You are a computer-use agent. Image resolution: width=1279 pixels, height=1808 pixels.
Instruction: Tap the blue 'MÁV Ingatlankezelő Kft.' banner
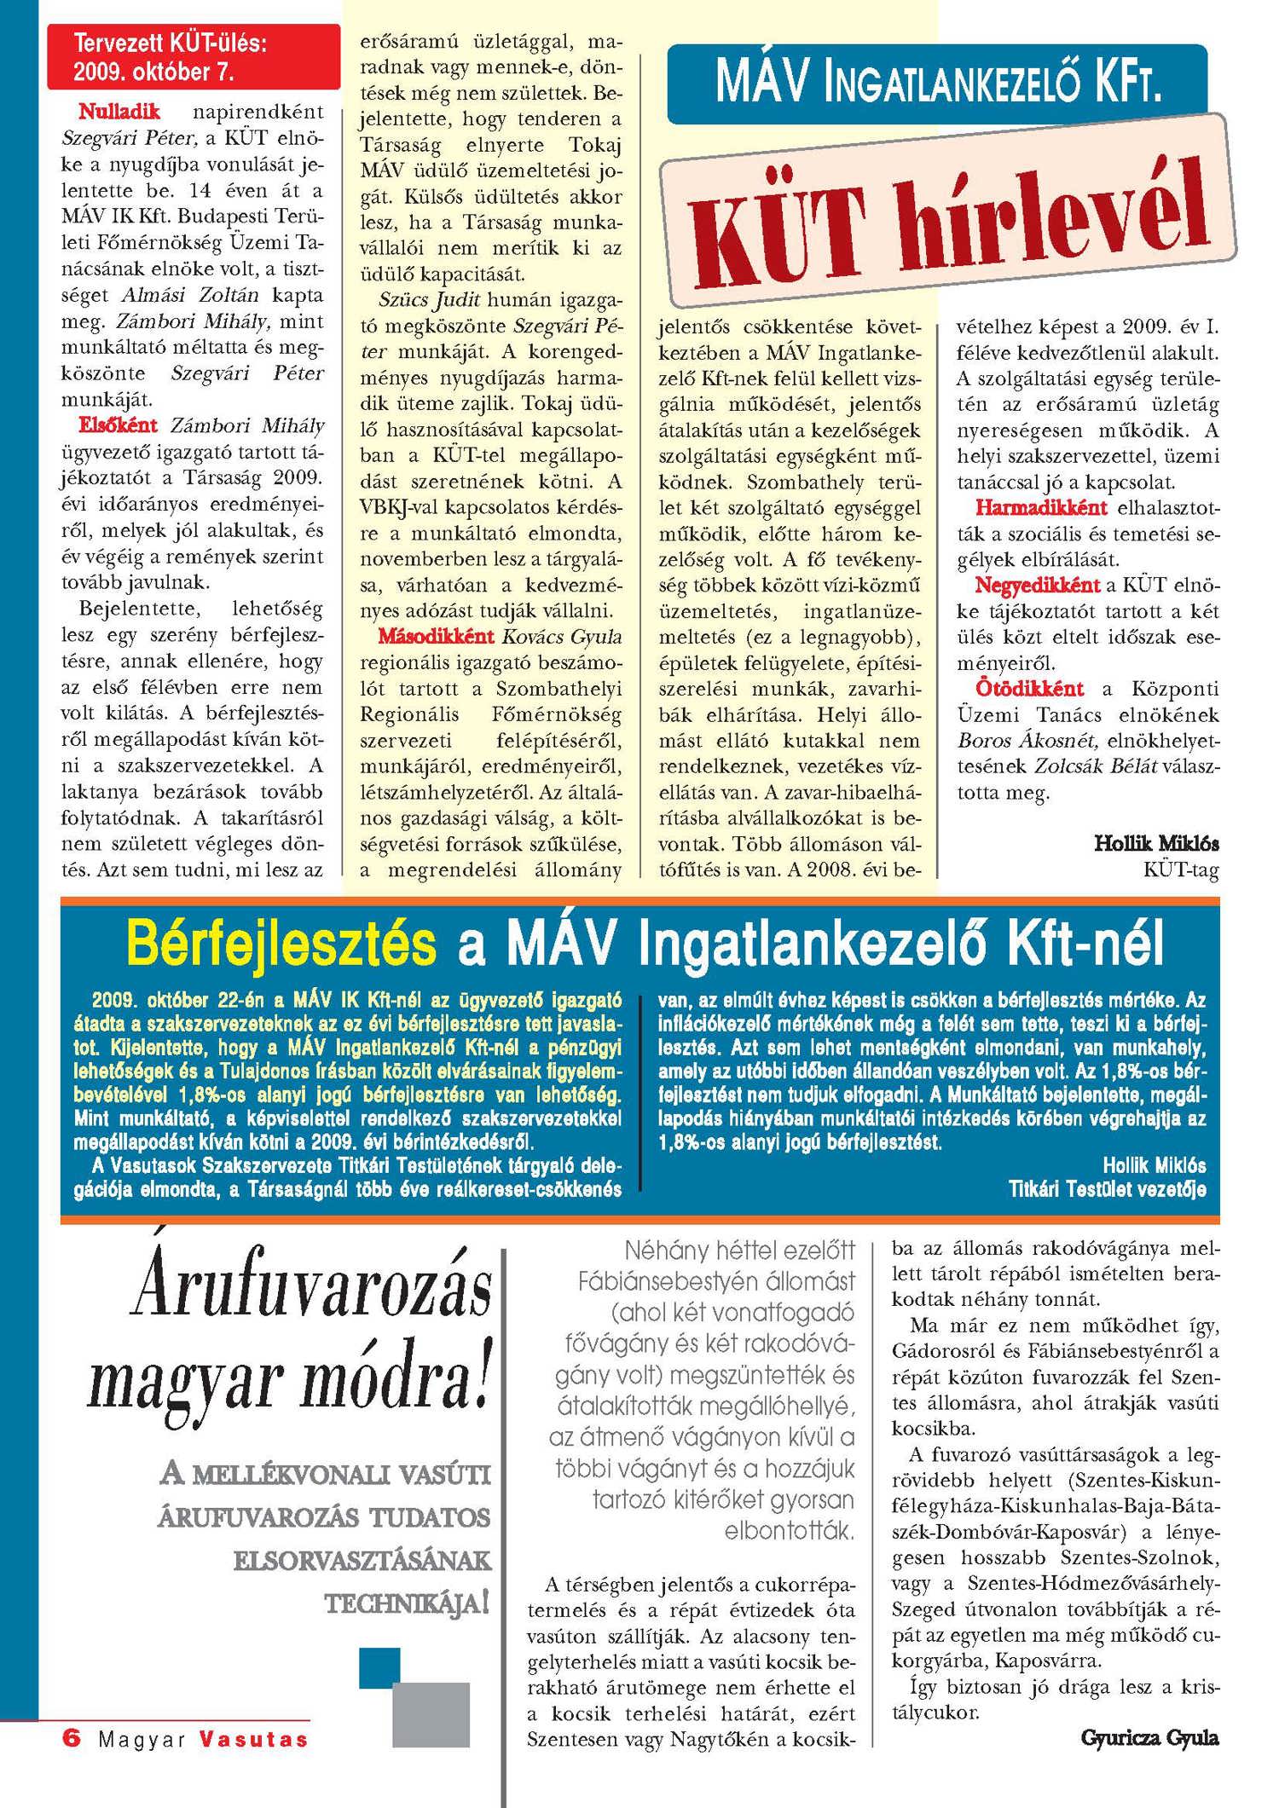pyautogui.click(x=937, y=84)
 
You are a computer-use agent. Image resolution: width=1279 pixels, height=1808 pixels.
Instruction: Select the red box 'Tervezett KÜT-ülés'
pyautogui.click(x=193, y=57)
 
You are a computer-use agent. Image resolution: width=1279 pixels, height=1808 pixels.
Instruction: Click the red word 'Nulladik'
pyautogui.click(x=119, y=112)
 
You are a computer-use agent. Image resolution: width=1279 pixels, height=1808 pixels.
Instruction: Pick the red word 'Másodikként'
pyautogui.click(x=436, y=637)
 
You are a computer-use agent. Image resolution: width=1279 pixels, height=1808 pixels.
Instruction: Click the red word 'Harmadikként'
pyautogui.click(x=1041, y=508)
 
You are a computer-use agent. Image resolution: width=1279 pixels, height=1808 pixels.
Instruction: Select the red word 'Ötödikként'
pyautogui.click(x=1029, y=689)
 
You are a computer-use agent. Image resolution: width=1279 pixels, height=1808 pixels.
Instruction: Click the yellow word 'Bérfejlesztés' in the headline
pyautogui.click(x=281, y=943)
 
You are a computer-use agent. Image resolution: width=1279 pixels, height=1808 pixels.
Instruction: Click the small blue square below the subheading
pyautogui.click(x=379, y=1664)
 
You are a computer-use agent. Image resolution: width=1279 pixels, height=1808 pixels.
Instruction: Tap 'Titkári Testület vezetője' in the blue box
pyautogui.click(x=1107, y=1188)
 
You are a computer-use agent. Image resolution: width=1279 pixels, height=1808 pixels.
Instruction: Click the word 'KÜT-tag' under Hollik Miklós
pyautogui.click(x=1181, y=869)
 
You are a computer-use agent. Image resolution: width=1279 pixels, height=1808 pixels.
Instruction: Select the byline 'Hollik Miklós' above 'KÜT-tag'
pyautogui.click(x=1156, y=844)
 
